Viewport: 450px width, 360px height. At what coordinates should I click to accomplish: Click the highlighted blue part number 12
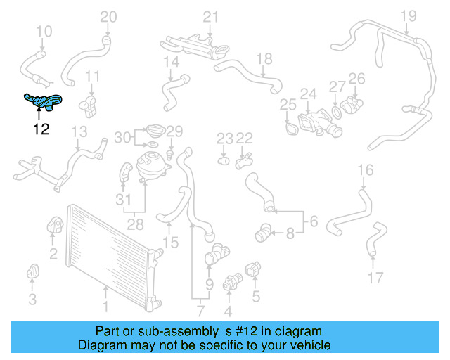[x=42, y=103]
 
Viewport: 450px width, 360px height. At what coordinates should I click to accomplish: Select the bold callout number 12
[x=41, y=129]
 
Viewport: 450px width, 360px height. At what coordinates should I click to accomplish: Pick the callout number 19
[x=409, y=16]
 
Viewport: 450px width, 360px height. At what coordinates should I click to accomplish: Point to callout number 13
[x=79, y=131]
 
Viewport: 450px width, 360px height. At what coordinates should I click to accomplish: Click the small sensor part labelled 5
[x=254, y=270]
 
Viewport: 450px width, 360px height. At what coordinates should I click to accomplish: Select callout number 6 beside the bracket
[x=313, y=221]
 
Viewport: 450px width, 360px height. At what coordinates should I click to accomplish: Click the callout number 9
[x=209, y=285]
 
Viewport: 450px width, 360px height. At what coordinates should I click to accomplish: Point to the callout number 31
[x=123, y=200]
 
